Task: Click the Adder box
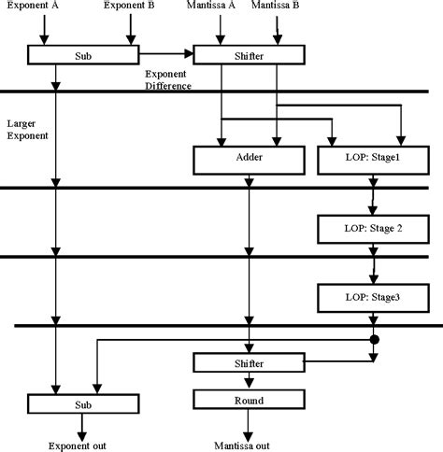tap(249, 160)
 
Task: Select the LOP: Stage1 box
tap(373, 160)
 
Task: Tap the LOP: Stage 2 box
tap(373, 229)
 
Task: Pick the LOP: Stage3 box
tap(373, 298)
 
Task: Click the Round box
tap(249, 400)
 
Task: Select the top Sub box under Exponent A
tap(83, 55)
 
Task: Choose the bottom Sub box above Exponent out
tap(83, 403)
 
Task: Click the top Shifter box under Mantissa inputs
tap(249, 55)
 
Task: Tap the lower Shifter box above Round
tap(249, 362)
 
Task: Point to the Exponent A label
tap(33, 5)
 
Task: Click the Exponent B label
tap(129, 5)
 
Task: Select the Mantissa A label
tap(211, 5)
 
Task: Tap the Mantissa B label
tap(276, 5)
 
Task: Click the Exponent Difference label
tap(168, 80)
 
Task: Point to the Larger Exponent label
tap(28, 130)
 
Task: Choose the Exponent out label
tap(78, 445)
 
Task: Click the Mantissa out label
tap(242, 445)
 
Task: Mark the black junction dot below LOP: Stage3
tap(375, 340)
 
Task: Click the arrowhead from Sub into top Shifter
tap(189, 53)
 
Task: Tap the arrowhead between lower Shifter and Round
tap(249, 383)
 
